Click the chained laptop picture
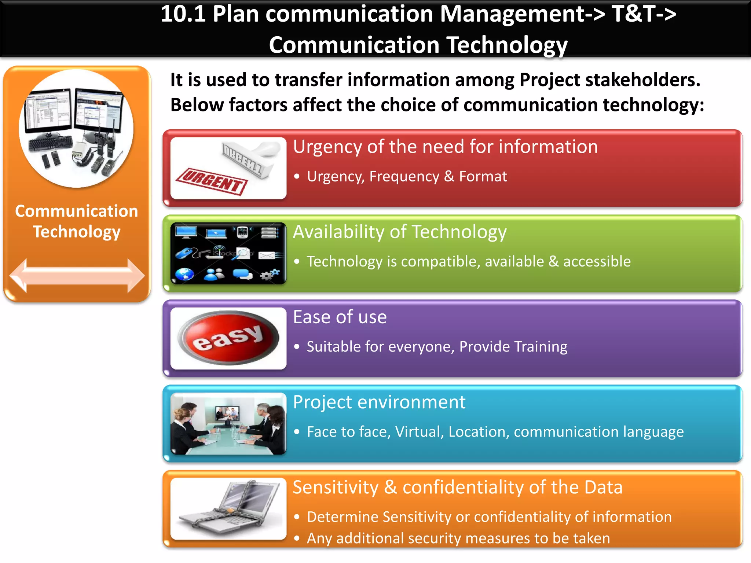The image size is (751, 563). click(228, 508)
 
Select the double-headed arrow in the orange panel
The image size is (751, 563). click(77, 276)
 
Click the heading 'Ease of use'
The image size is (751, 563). click(340, 317)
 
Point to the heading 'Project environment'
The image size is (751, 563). click(379, 402)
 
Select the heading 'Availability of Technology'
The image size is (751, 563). click(400, 232)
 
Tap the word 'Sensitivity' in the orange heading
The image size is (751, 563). click(336, 487)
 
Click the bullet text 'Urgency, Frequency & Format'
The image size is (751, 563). click(407, 177)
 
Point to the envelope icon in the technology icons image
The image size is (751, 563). click(267, 255)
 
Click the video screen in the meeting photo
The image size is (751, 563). click(228, 414)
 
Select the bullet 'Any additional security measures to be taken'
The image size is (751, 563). click(458, 538)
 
